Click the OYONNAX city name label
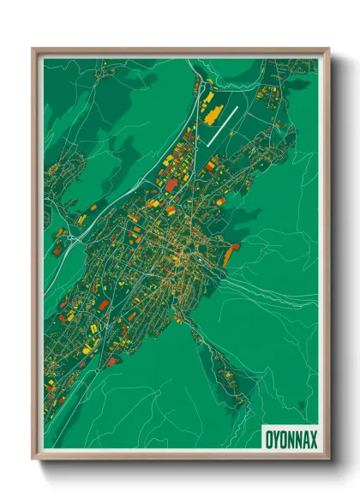tap(290, 439)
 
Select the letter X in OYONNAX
tap(313, 439)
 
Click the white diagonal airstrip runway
tap(221, 124)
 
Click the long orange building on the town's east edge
tap(229, 255)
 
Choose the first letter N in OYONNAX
tap(291, 439)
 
